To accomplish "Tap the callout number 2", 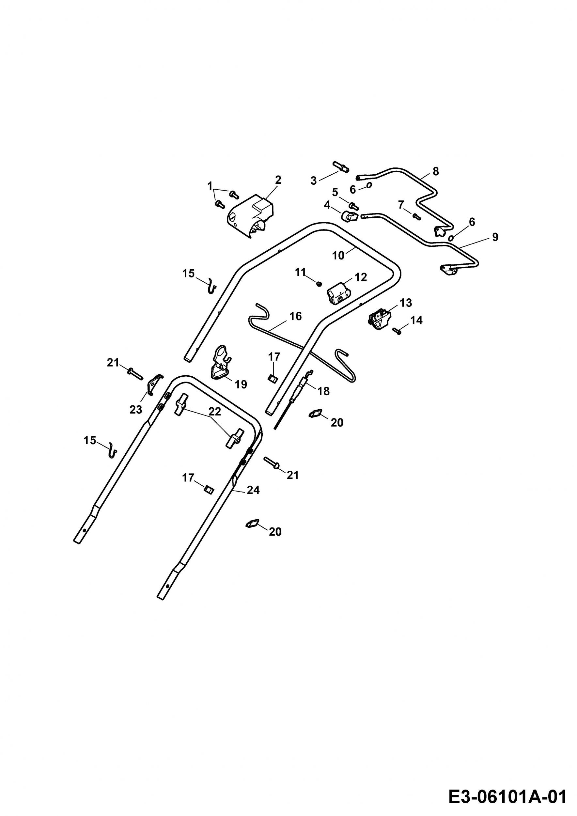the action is coord(278,180).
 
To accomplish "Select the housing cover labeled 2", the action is coord(251,216).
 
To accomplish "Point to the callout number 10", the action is coord(338,256).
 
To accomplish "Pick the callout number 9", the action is coord(495,237).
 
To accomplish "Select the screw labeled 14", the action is coord(397,331).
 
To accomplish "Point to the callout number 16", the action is coord(296,316).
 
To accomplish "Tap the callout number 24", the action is coord(253,490).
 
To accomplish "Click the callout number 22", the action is coord(215,412).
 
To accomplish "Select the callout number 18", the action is coord(323,391).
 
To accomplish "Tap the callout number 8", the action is coord(436,171).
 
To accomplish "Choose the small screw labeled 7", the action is coord(416,216).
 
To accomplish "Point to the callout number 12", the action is coord(361,277).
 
